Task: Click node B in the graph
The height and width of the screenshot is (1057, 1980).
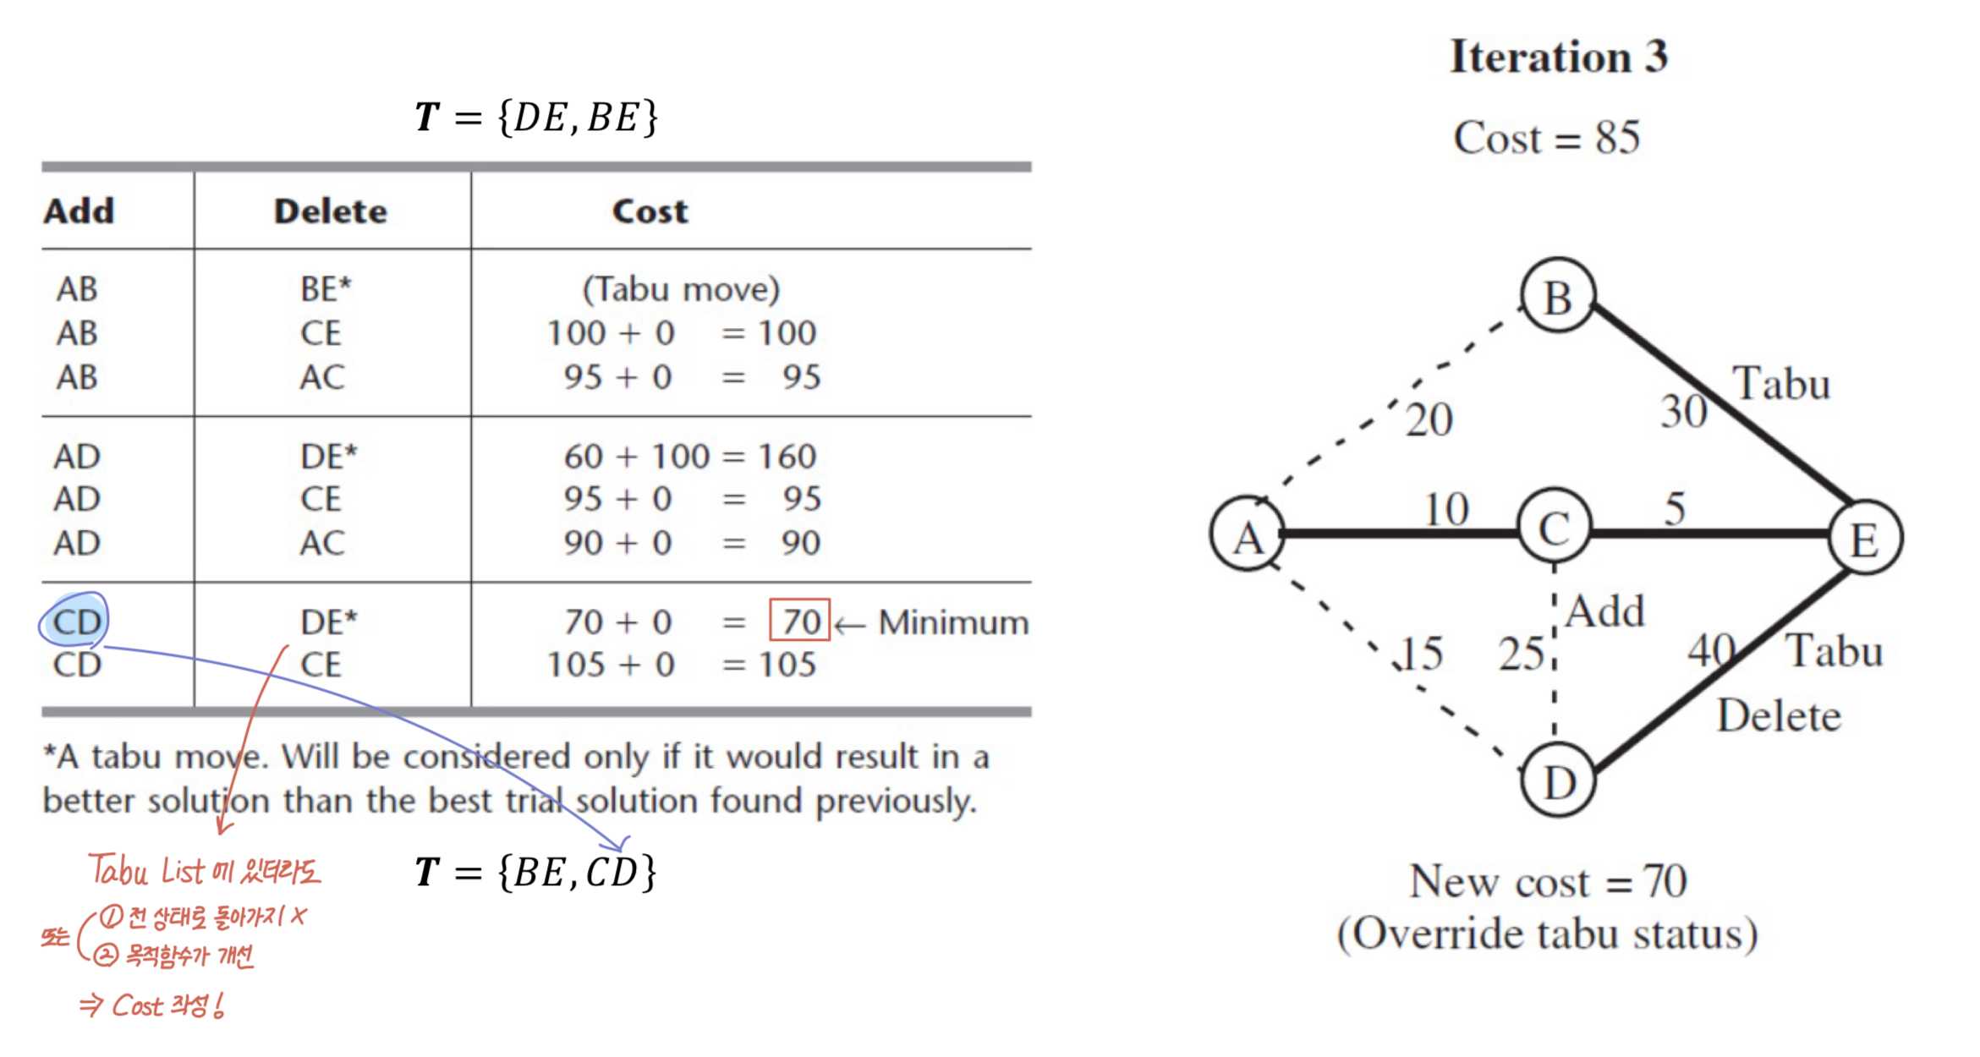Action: click(1557, 297)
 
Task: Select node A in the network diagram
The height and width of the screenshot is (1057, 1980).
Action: click(1248, 534)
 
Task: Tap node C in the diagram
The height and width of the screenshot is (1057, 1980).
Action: click(1554, 528)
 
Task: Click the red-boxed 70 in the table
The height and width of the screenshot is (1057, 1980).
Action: click(800, 621)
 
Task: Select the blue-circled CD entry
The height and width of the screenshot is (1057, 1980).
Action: click(75, 622)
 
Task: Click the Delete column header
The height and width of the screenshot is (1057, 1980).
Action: click(330, 211)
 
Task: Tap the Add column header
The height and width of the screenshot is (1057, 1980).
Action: click(79, 211)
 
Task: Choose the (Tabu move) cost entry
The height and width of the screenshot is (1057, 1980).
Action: click(681, 290)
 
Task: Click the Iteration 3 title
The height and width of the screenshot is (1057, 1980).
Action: click(1558, 57)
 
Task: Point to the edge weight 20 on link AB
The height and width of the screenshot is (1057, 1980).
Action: click(1429, 419)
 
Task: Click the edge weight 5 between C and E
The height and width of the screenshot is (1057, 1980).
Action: click(1675, 508)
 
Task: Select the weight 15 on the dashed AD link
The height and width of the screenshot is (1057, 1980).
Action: click(1421, 653)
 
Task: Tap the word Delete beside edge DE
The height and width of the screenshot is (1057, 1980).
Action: click(1778, 716)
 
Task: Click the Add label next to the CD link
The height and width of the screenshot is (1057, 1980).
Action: click(1604, 611)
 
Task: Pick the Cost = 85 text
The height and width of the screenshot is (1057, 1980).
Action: click(1546, 137)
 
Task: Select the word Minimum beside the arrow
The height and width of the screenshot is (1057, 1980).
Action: click(953, 623)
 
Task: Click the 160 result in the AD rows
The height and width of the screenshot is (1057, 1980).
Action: click(787, 457)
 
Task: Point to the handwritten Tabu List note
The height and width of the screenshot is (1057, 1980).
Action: click(204, 870)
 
